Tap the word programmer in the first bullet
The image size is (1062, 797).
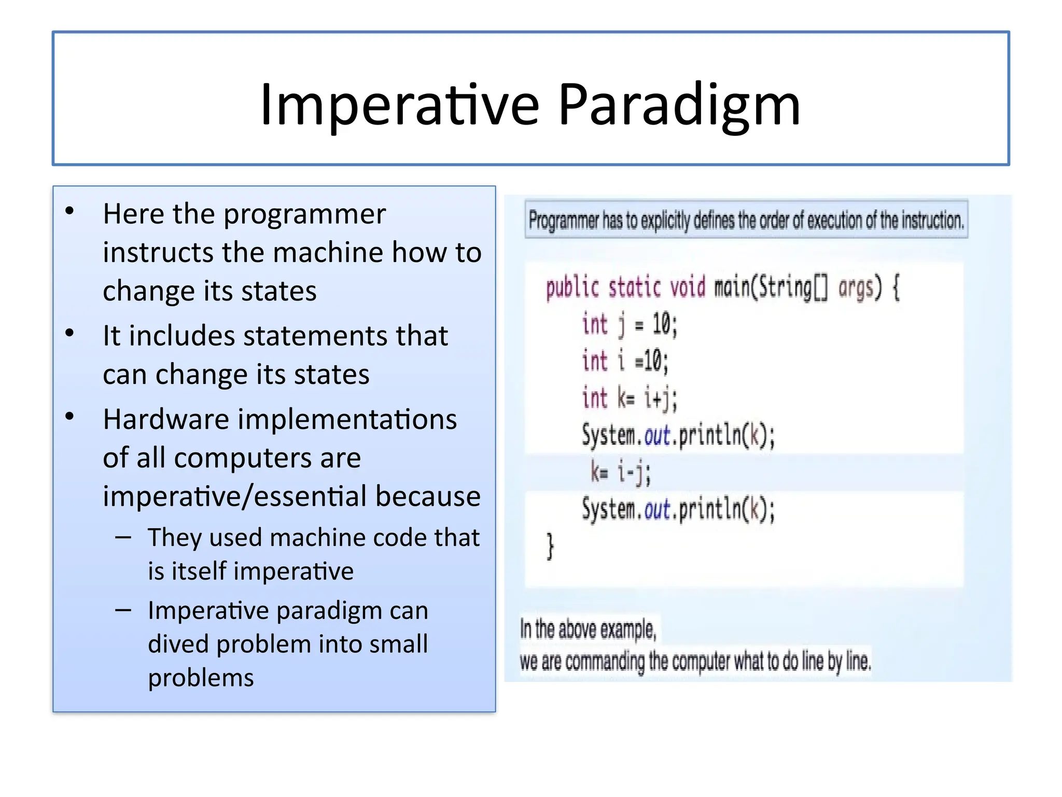click(x=304, y=214)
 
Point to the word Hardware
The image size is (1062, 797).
click(x=166, y=419)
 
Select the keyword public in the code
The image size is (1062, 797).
click(x=572, y=288)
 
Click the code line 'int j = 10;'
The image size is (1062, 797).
click(x=629, y=325)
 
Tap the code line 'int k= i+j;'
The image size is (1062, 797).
click(x=629, y=398)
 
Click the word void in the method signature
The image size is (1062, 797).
click(x=688, y=287)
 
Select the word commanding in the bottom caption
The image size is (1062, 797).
click(x=604, y=662)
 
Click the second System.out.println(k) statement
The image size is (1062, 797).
click(x=678, y=509)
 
